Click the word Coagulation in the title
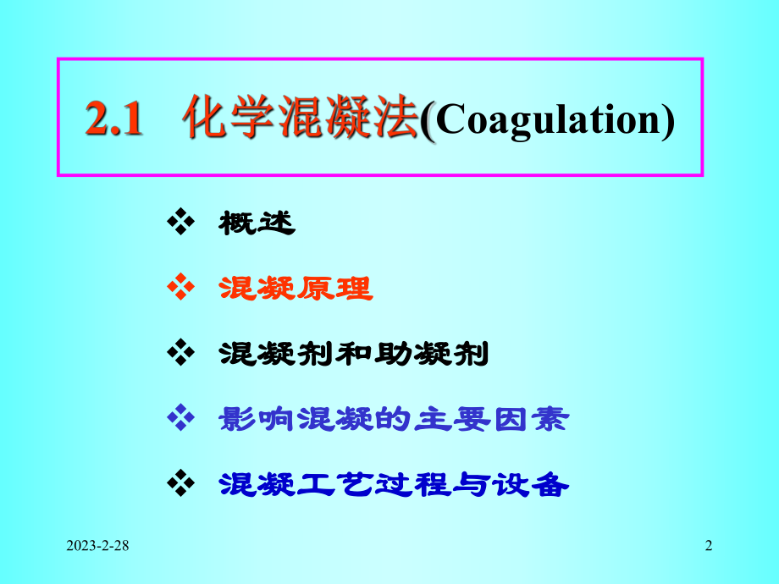pyautogui.click(x=546, y=120)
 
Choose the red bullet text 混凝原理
pyautogui.click(x=295, y=289)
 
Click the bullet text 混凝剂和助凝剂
pyautogui.click(x=353, y=353)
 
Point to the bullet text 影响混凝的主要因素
pyautogui.click(x=392, y=418)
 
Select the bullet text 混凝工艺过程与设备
pyautogui.click(x=392, y=483)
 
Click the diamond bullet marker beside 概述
pyautogui.click(x=182, y=223)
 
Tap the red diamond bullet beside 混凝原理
pyautogui.click(x=182, y=289)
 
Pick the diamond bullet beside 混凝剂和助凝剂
pyautogui.click(x=182, y=353)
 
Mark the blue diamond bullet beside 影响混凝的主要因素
pyautogui.click(x=182, y=418)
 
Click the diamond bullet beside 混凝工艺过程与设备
pyautogui.click(x=182, y=483)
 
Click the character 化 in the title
pyautogui.click(x=204, y=119)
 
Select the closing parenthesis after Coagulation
pyautogui.click(x=668, y=121)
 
